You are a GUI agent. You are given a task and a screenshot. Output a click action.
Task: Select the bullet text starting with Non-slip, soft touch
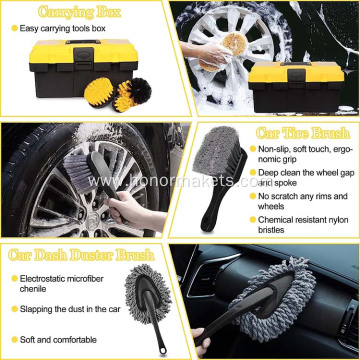coord(310,156)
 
